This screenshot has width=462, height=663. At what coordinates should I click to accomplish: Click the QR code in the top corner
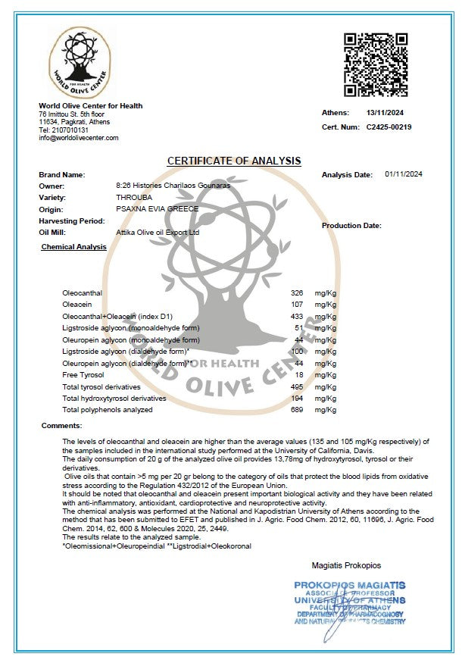click(x=376, y=64)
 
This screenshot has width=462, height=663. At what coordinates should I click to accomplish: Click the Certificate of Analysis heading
click(x=234, y=161)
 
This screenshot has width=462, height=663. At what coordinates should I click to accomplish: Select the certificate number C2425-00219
click(x=389, y=127)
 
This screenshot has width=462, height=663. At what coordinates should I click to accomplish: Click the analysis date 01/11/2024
click(x=404, y=174)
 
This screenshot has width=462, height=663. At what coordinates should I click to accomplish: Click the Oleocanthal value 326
click(x=297, y=292)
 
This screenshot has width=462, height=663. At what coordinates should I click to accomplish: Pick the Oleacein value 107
click(x=297, y=304)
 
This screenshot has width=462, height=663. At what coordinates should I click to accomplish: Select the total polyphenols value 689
click(x=297, y=410)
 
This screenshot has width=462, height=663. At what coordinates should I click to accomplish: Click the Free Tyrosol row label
click(x=83, y=374)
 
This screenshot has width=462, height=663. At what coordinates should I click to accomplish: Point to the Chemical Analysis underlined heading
click(x=73, y=247)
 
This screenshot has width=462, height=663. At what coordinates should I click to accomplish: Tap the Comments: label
click(x=61, y=426)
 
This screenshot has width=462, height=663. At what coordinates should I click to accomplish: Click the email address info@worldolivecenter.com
click(x=79, y=138)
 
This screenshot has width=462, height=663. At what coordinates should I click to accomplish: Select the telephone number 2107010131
click(x=73, y=130)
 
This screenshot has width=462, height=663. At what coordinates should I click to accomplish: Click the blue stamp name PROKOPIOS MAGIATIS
click(x=349, y=586)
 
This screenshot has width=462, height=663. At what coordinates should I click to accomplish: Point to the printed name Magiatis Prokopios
click(x=347, y=565)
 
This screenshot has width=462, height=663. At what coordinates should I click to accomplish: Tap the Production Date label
click(x=351, y=226)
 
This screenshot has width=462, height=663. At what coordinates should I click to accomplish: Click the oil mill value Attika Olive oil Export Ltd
click(x=158, y=233)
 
